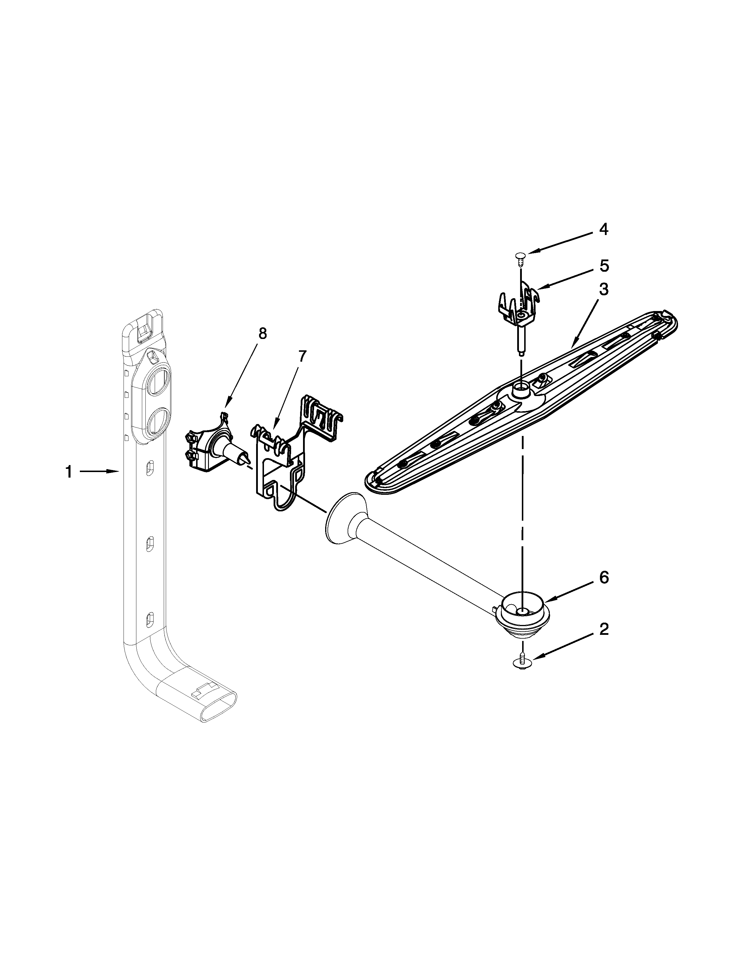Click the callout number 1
click(69, 472)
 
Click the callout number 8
click(262, 333)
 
